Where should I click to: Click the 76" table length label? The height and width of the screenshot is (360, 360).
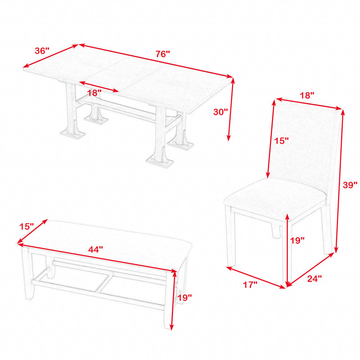[163, 54]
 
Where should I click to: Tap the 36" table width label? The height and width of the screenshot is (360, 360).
[42, 51]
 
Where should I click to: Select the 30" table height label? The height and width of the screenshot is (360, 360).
[220, 112]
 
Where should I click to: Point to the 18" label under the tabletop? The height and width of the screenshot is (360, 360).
[94, 93]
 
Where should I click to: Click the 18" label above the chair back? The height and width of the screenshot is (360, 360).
[307, 95]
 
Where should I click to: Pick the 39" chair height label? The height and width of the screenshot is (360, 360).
[350, 184]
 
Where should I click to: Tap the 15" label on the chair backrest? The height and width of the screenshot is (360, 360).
[282, 141]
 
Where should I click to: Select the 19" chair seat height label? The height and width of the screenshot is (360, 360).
[297, 240]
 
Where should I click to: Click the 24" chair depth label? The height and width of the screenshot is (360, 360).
[315, 279]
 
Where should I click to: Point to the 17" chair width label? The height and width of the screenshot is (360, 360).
[250, 285]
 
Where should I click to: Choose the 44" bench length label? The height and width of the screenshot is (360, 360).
[95, 249]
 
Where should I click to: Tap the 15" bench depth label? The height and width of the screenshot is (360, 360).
[27, 226]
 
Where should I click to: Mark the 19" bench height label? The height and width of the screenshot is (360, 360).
[185, 298]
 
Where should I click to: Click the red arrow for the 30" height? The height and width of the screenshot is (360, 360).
[231, 109]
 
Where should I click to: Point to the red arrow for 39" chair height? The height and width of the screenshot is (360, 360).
[340, 181]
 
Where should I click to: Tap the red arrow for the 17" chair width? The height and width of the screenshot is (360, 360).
[256, 277]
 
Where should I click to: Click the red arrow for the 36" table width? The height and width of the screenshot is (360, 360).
[51, 56]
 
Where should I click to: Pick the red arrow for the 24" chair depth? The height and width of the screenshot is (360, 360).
[310, 270]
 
